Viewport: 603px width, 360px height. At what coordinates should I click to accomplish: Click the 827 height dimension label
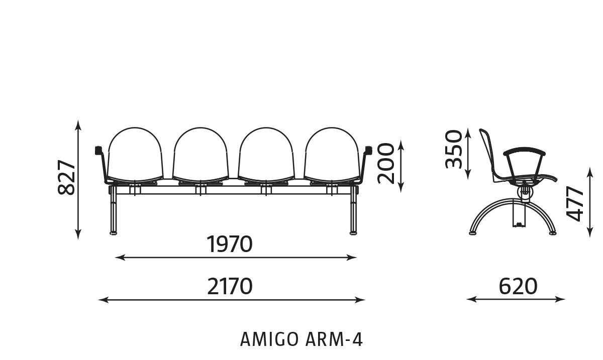66,177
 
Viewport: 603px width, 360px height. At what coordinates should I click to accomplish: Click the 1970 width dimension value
229,245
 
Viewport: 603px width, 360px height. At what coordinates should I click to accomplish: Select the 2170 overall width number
230,286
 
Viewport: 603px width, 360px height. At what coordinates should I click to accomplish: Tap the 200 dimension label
385,163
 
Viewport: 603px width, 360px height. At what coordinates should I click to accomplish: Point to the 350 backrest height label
453,149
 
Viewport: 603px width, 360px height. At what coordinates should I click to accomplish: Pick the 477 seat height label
574,204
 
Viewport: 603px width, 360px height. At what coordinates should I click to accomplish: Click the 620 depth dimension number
518,286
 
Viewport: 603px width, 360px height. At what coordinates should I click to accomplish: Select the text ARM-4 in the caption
334,339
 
